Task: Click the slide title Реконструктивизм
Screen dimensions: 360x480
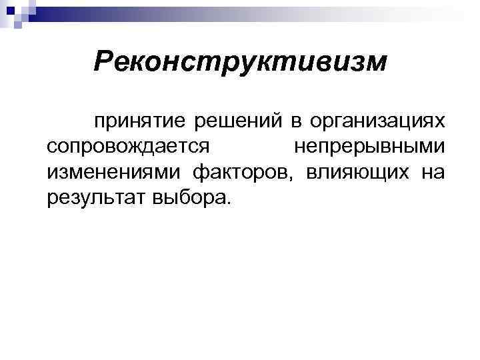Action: [240, 63]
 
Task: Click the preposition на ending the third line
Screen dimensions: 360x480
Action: [433, 173]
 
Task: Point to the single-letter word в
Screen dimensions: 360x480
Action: [275, 123]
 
